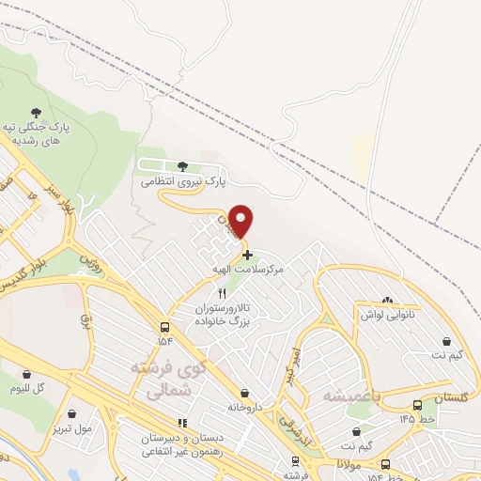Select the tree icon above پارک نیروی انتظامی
(182, 167)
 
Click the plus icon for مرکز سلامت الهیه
(246, 254)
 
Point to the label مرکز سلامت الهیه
(247, 269)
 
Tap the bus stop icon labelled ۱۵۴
(165, 328)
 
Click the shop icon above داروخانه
(245, 393)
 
